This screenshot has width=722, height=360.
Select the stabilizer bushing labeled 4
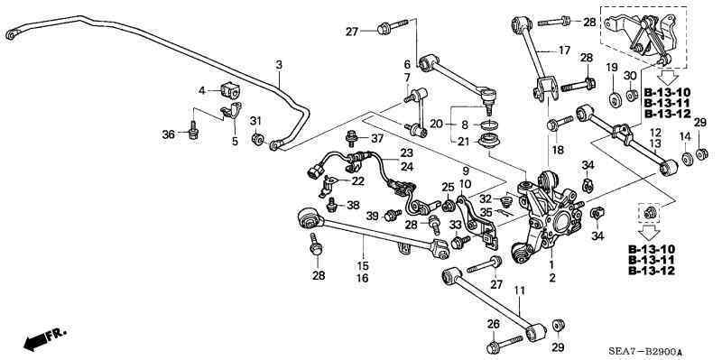point(227,91)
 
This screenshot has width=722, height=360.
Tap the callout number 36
point(168,134)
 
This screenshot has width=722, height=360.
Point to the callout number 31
point(255,122)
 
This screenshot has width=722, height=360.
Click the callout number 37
point(378,138)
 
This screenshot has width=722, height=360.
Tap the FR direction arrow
point(45,339)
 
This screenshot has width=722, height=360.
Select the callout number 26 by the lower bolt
point(493,324)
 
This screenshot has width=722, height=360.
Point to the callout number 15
point(363,265)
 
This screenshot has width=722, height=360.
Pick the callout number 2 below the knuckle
point(552,278)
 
